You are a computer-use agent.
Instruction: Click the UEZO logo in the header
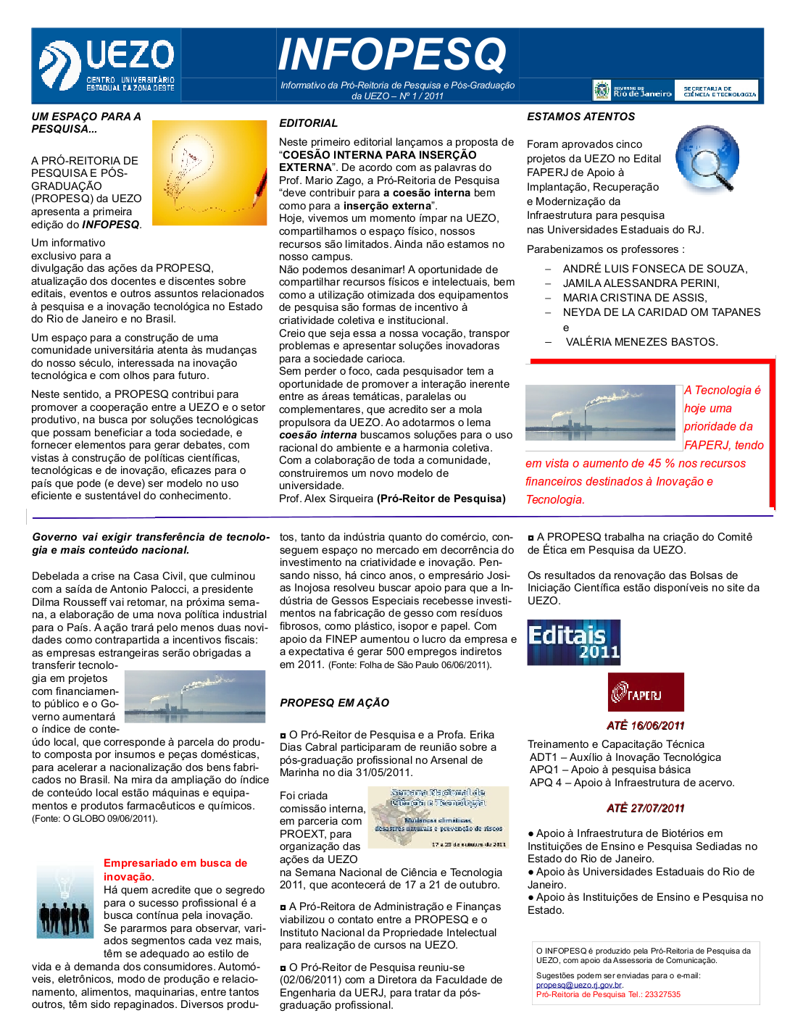click(107, 65)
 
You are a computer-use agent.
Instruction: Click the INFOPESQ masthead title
click(392, 54)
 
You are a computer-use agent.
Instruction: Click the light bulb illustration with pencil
click(209, 172)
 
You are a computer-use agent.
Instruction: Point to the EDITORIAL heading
click(309, 123)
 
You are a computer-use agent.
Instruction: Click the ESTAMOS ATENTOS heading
click(581, 117)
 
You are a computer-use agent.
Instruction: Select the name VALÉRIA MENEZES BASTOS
click(641, 342)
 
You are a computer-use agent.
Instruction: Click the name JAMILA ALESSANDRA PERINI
click(641, 283)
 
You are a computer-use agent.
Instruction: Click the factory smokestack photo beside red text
click(600, 412)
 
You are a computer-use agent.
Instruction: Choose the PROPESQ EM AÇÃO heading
click(334, 703)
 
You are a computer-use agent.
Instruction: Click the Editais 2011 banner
click(573, 642)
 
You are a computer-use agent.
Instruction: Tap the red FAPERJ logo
click(645, 692)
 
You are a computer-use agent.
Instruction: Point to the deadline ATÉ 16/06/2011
click(645, 725)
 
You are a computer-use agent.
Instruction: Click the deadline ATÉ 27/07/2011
click(645, 808)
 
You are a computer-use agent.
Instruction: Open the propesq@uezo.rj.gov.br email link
click(579, 985)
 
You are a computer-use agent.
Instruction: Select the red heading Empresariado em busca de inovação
click(175, 870)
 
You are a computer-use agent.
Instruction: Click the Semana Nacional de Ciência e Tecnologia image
click(438, 817)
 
